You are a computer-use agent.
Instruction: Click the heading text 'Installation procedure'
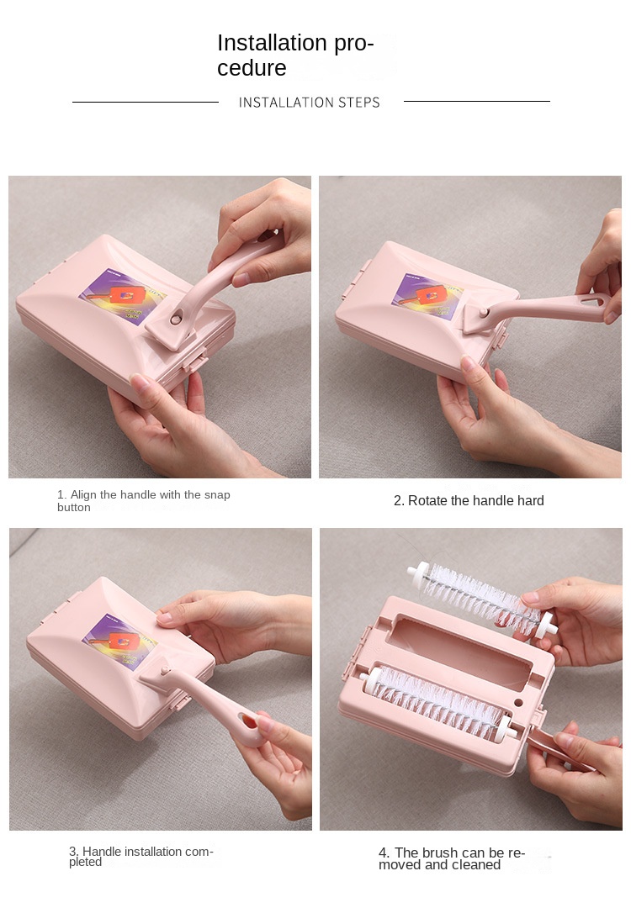[x=295, y=55]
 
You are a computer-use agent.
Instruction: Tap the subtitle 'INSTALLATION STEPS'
[x=310, y=103]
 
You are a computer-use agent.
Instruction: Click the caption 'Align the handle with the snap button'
[x=143, y=501]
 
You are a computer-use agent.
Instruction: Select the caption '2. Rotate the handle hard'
[x=469, y=501]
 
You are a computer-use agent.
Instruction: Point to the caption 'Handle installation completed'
[x=141, y=857]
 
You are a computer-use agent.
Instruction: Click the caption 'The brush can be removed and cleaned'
[x=452, y=858]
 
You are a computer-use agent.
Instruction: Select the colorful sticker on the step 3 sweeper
[x=119, y=641]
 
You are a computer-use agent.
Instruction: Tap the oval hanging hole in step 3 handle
[x=248, y=721]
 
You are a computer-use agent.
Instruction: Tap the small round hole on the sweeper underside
[x=518, y=702]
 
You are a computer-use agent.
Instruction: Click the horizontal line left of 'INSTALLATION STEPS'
[x=146, y=103]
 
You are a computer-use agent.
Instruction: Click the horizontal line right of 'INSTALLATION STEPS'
[x=477, y=102]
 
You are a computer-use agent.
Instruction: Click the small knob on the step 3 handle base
[x=165, y=671]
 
